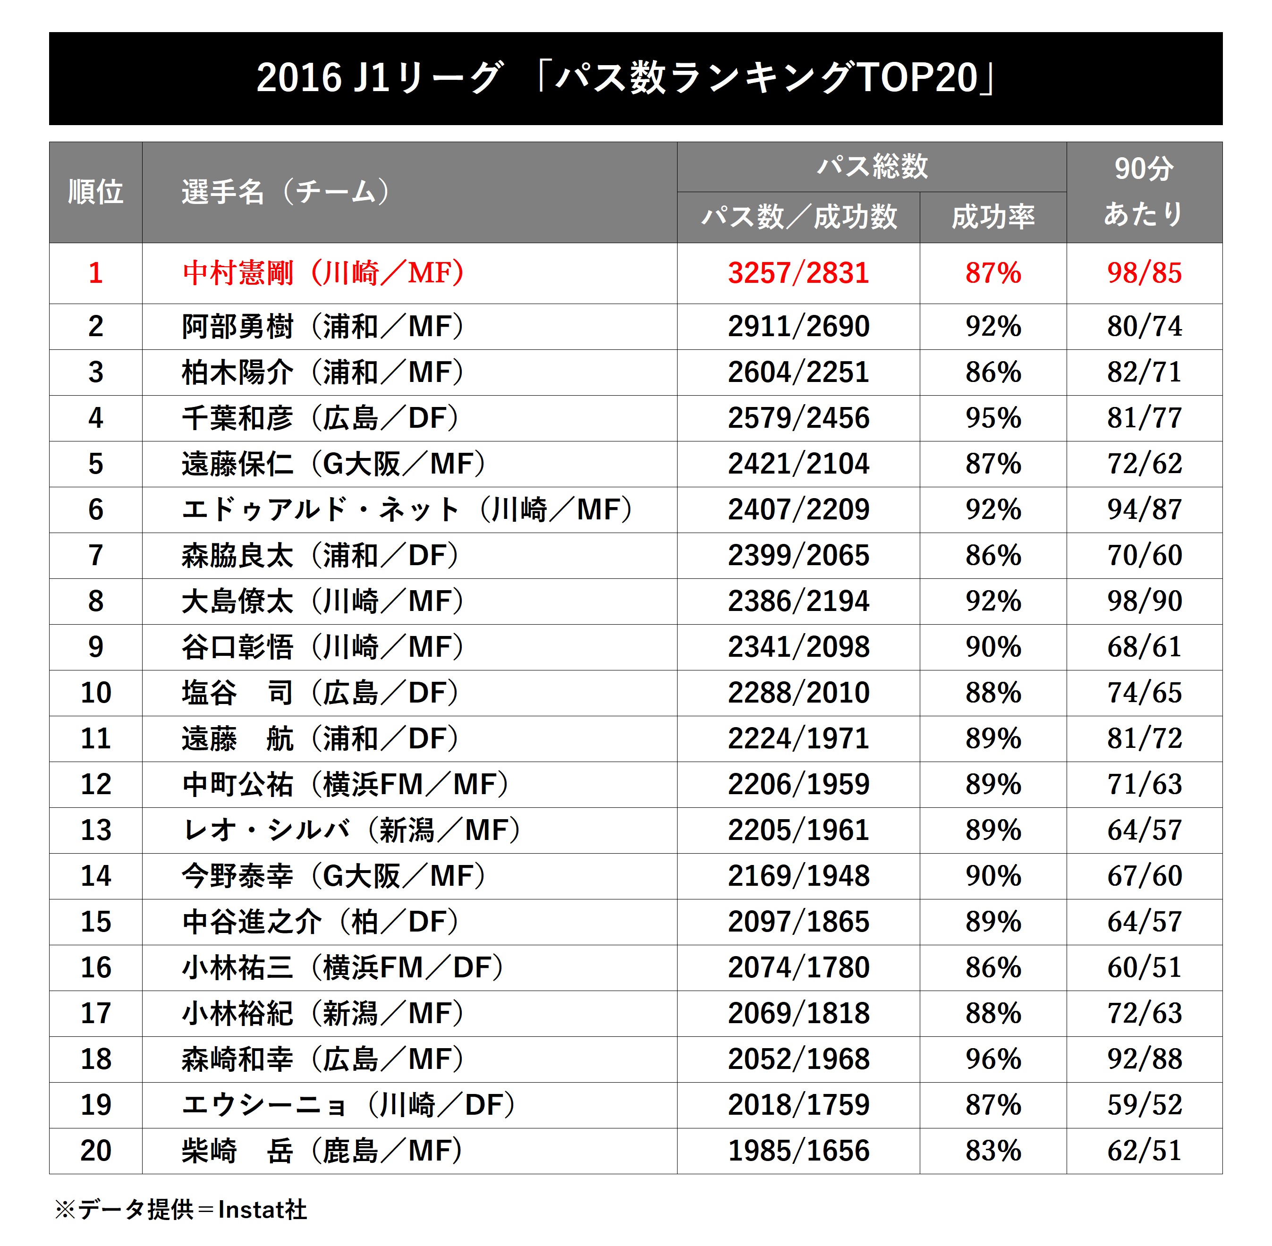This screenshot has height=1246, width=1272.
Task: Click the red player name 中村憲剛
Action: pyautogui.click(x=238, y=273)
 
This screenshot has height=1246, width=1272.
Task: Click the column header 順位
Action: pyautogui.click(x=95, y=192)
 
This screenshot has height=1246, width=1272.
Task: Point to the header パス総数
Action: pyautogui.click(x=872, y=166)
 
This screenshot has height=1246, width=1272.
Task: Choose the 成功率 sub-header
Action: pyautogui.click(x=992, y=217)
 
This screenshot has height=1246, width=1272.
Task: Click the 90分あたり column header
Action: pyautogui.click(x=1144, y=192)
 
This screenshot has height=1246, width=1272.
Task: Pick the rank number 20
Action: pyautogui.click(x=95, y=1151)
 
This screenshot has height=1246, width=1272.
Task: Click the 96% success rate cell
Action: pyautogui.click(x=992, y=1059)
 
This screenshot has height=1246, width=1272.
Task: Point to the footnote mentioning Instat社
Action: pyautogui.click(x=181, y=1209)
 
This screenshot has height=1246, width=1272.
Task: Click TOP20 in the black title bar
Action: pyautogui.click(x=916, y=78)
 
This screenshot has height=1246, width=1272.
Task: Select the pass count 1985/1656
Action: pyautogui.click(x=798, y=1151)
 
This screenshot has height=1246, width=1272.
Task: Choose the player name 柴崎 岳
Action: pyautogui.click(x=237, y=1151)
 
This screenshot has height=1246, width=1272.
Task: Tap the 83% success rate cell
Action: pyautogui.click(x=992, y=1151)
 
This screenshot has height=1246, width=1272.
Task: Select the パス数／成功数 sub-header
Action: pyautogui.click(x=798, y=217)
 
